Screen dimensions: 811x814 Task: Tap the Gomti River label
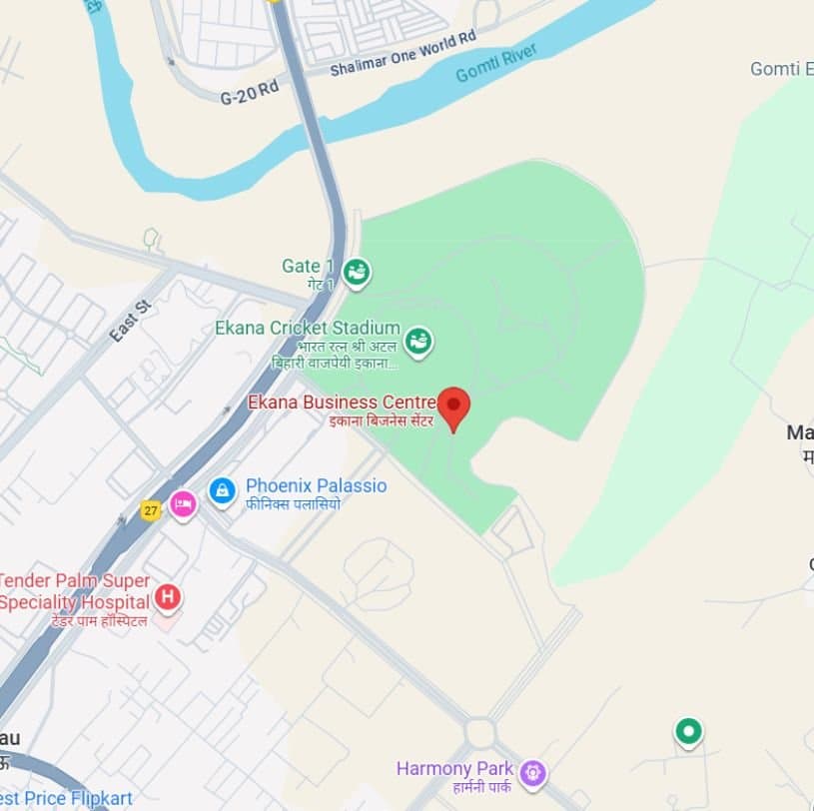(x=496, y=62)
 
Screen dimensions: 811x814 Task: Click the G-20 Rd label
(x=249, y=90)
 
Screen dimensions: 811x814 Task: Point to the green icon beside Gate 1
(x=356, y=270)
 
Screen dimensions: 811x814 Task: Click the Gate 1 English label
(x=308, y=266)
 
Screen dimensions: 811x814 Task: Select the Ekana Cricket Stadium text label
(x=308, y=328)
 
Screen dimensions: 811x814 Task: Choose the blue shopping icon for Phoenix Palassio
(x=222, y=490)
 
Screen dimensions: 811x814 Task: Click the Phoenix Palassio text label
(x=316, y=486)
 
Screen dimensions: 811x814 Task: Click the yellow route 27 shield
(x=151, y=509)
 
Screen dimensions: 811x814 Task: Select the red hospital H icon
(x=168, y=598)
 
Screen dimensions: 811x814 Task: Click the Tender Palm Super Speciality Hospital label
(x=75, y=591)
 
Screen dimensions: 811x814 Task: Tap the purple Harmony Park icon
(x=533, y=771)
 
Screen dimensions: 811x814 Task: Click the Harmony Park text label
(x=454, y=769)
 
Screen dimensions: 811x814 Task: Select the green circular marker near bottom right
(x=687, y=731)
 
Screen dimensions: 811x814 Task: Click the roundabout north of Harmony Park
(x=480, y=732)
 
